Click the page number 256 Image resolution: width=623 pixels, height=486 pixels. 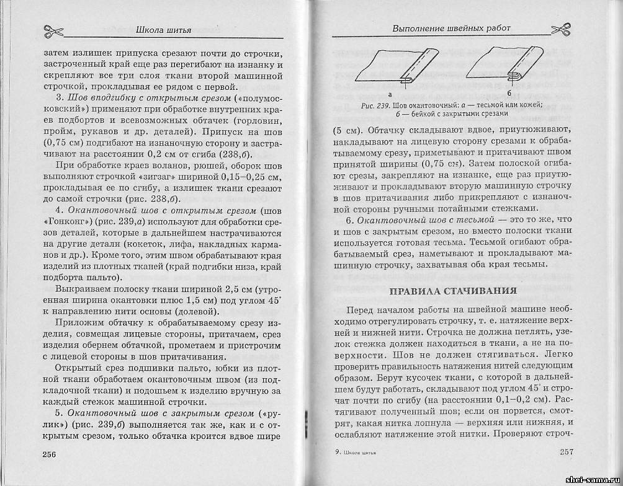click(x=50, y=454)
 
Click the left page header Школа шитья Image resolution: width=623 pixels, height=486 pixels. click(x=164, y=29)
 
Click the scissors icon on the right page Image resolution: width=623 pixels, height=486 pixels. click(x=562, y=29)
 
